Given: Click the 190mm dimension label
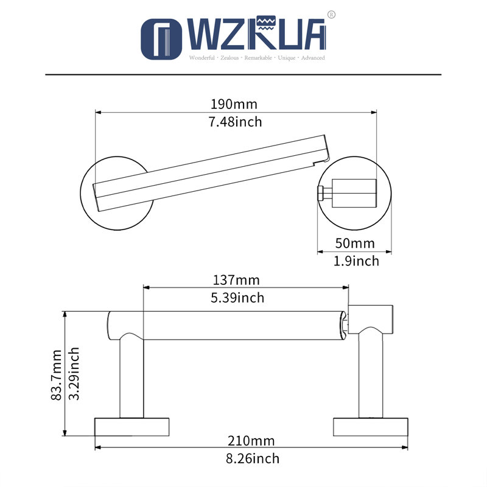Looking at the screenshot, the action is point(234,104).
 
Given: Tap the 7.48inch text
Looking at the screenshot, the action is point(235,122).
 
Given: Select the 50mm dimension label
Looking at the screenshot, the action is point(355,243).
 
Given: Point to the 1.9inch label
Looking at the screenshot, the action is point(356,261).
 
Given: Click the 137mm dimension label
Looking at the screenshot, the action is point(236,280).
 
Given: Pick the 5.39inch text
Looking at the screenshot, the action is point(237,298).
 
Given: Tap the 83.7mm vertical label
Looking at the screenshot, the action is point(57,375).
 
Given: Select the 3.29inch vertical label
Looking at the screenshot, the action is point(74,374).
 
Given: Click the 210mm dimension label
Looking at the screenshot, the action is point(251,441).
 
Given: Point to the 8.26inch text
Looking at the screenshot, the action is point(253,458).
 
